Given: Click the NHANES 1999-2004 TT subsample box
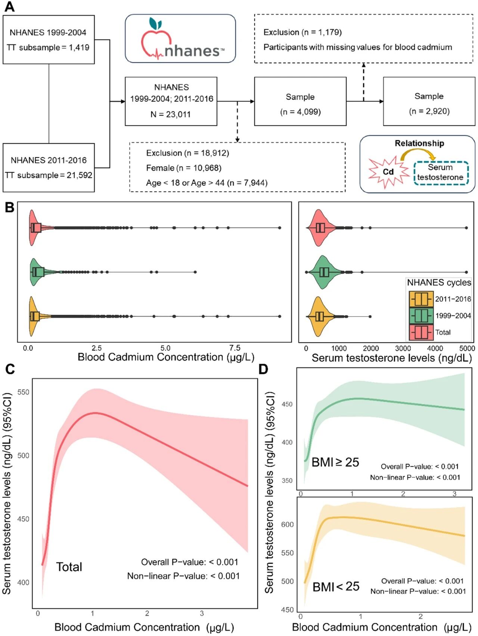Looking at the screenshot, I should pyautogui.click(x=49, y=40).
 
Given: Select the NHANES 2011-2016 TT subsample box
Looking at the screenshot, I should pyautogui.click(x=49, y=167).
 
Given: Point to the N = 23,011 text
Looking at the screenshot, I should pyautogui.click(x=171, y=115).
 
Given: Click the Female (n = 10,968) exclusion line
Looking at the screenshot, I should pyautogui.click(x=184, y=168).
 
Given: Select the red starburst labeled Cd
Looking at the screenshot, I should pyautogui.click(x=388, y=172).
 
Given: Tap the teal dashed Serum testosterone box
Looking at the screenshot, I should pyautogui.click(x=441, y=172).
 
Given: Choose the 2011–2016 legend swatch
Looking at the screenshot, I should pyautogui.click(x=421, y=299).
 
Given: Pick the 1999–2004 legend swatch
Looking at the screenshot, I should pyautogui.click(x=421, y=316).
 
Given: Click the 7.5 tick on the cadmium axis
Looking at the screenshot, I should pyautogui.click(x=235, y=348).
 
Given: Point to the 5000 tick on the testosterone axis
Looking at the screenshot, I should pyautogui.click(x=467, y=348).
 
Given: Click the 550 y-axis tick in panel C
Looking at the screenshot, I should pyautogui.click(x=23, y=392).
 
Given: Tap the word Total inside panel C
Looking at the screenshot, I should pyautogui.click(x=69, y=567).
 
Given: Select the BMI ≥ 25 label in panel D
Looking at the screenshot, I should pyautogui.click(x=335, y=463).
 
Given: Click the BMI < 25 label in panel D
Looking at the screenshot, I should pyautogui.click(x=336, y=587).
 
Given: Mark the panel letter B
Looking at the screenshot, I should pyautogui.click(x=9, y=207).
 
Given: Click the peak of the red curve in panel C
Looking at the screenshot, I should pyautogui.click(x=96, y=413).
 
